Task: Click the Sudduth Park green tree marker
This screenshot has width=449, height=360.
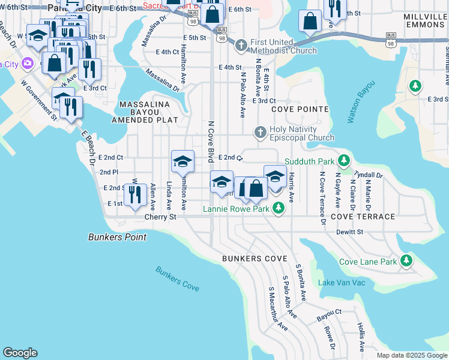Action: [x=343, y=160]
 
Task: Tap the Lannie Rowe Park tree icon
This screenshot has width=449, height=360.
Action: [x=278, y=208]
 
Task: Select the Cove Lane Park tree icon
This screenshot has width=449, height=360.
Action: [x=407, y=260]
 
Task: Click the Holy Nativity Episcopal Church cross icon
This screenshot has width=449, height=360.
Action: [x=260, y=132]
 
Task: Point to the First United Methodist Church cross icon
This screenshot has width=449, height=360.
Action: [x=241, y=46]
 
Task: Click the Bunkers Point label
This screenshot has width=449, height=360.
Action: [x=117, y=237]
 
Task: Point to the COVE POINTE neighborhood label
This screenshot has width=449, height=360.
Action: [x=300, y=109]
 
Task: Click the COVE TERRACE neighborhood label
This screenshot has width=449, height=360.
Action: [x=363, y=216]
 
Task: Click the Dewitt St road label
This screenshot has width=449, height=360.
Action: [x=351, y=231]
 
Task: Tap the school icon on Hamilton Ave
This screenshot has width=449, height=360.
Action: [x=182, y=161]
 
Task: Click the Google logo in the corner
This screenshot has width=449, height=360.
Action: [x=20, y=353]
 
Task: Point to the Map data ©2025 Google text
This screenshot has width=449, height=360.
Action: [x=411, y=355]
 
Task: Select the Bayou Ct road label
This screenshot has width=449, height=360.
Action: [x=329, y=313]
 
